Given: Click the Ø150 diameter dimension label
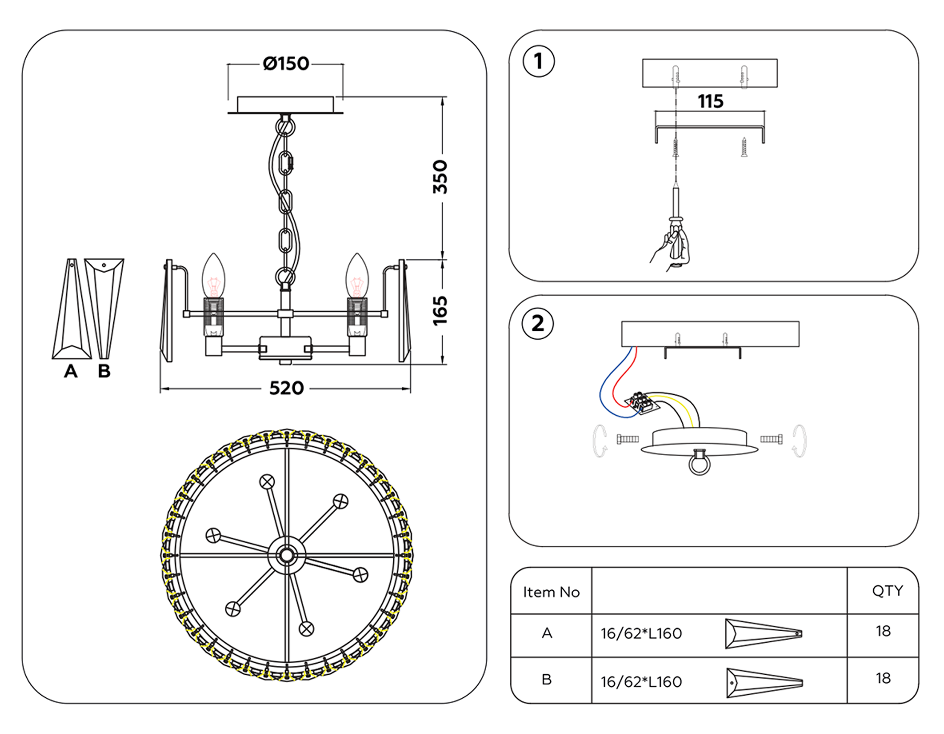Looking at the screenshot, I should pos(286,64).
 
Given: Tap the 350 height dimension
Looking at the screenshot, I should pos(440,177).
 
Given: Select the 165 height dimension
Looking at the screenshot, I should pos(440,310).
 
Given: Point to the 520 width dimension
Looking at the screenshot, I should pos(286,388).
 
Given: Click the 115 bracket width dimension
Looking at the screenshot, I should pos(710,101).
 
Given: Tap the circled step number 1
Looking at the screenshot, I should pos(539,61).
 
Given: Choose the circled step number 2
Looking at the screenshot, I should pos(538,323).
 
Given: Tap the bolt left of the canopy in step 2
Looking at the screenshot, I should pos(627,439).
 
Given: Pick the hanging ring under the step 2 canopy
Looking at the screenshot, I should pos(700,463).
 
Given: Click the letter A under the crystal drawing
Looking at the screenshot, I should pos(71,371).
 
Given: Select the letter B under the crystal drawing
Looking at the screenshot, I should pos(104,371).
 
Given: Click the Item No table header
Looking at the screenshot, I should pos(551,592).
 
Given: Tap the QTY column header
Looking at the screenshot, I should pos(887,591).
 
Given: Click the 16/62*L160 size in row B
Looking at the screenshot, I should pos(641,682).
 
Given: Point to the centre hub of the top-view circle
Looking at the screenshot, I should pos(286,555).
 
